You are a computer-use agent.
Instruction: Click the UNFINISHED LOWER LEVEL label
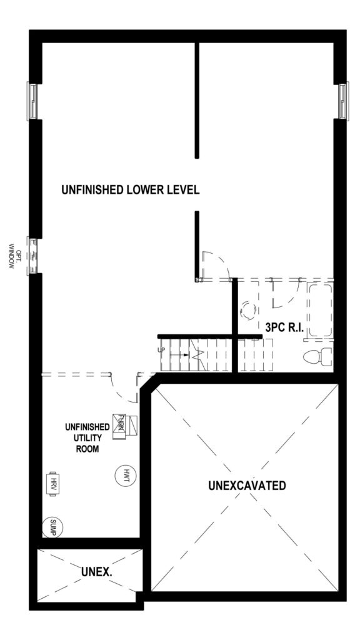pos(130,190)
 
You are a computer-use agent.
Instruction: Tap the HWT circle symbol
pos(125,476)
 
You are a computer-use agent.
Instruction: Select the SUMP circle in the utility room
pos(52,527)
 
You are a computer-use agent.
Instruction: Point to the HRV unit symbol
pos(52,484)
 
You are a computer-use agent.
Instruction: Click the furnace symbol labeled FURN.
pos(126,426)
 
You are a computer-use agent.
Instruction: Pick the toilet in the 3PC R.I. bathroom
pos(318,356)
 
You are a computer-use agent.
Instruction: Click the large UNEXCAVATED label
pos(246,486)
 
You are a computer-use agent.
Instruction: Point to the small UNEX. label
pos(97,572)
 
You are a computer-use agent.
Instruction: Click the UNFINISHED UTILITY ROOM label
pos(87,438)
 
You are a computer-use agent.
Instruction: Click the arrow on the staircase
pos(179,355)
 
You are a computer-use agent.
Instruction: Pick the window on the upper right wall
pos(343,101)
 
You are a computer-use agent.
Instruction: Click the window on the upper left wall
pos(32,101)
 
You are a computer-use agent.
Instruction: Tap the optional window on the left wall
pos(32,256)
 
